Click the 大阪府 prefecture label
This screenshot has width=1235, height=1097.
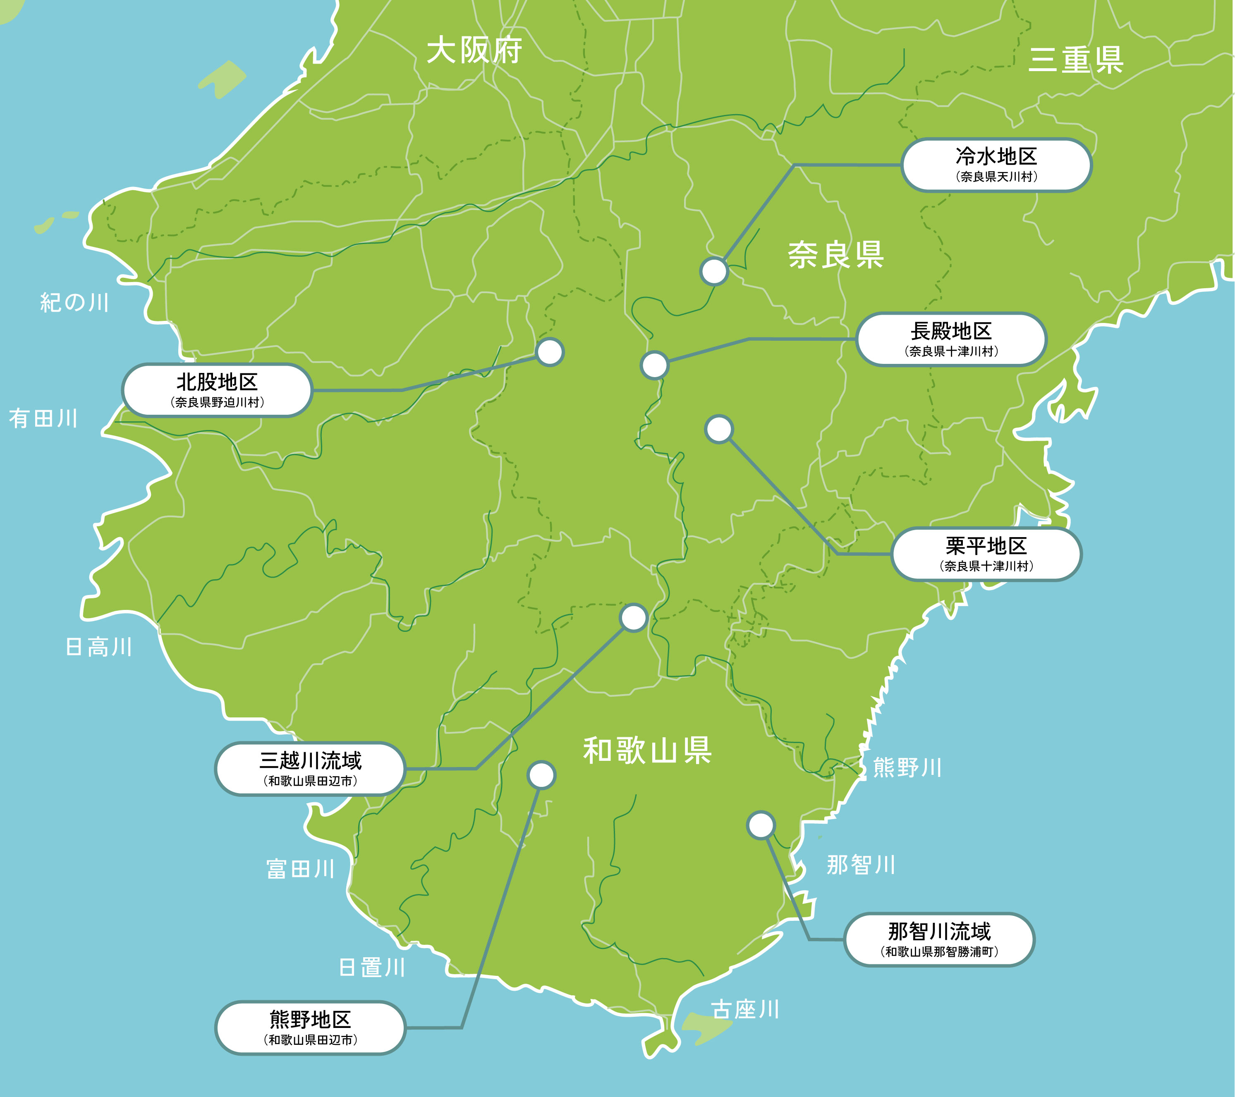click(x=474, y=50)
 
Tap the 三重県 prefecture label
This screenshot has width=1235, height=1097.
click(x=1075, y=60)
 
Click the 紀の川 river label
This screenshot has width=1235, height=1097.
click(x=74, y=302)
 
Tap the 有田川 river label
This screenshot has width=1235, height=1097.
click(x=43, y=418)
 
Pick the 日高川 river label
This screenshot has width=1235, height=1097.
click(x=98, y=647)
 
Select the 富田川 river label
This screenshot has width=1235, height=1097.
click(x=300, y=869)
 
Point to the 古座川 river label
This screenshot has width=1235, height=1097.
click(x=745, y=1009)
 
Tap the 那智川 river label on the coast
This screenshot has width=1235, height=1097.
click(x=861, y=865)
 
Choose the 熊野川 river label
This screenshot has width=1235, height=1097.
click(x=907, y=768)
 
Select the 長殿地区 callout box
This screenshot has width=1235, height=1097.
click(x=951, y=339)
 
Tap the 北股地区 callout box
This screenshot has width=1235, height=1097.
click(x=217, y=390)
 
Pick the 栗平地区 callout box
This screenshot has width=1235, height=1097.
click(x=986, y=554)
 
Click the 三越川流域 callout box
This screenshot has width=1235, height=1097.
click(x=310, y=768)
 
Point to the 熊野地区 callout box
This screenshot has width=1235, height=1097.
click(x=310, y=1028)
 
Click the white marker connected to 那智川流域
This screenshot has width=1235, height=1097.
click(x=761, y=825)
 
